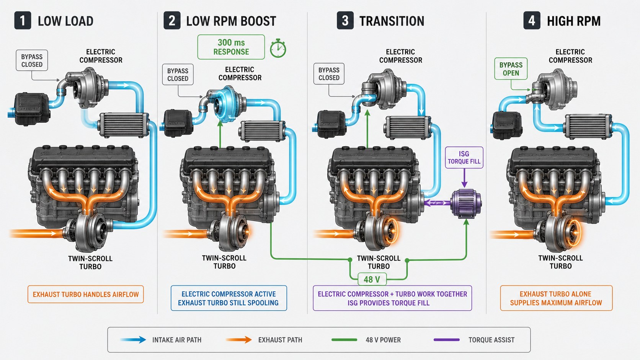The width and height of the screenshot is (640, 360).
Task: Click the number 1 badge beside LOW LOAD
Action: coord(23,21)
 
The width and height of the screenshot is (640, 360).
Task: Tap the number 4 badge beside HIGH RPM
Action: coord(532,21)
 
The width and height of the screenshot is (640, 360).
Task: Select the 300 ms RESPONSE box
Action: coord(231,47)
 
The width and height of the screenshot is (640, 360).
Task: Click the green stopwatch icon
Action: coord(278,49)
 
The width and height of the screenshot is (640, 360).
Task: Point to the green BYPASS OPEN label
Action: coord(511,69)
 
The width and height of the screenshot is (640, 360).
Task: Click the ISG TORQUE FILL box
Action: coord(464,158)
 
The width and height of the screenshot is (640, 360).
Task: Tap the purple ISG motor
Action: coord(466,204)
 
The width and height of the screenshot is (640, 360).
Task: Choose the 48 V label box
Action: coord(372,279)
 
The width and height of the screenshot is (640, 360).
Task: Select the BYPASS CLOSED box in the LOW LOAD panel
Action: coord(32,60)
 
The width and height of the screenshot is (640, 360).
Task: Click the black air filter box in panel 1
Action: coord(32,109)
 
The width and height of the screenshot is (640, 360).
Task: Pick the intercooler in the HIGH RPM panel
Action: coord(588,127)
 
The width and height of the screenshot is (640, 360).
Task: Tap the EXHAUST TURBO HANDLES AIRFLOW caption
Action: coord(85,294)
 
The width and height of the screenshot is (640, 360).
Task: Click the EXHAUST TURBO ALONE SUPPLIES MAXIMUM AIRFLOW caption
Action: coord(556,298)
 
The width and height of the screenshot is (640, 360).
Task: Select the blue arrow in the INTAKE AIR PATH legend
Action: coord(133,340)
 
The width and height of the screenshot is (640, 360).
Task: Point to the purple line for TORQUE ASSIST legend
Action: coord(447,340)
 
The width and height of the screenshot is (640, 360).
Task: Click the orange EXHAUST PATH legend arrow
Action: coord(239,340)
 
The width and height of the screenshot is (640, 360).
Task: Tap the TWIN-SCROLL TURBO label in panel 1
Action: coord(90,263)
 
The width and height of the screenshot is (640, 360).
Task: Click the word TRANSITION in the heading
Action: coord(392,21)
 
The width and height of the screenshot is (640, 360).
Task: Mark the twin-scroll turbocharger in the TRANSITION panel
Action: coord(377,231)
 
